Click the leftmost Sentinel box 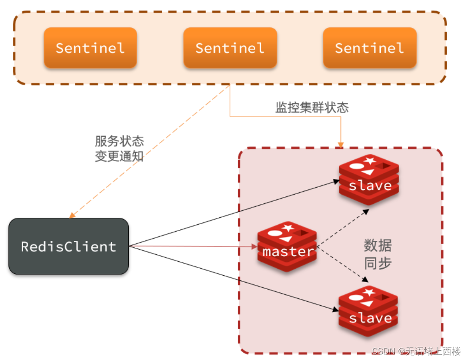(x=90, y=48)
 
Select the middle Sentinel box (x=230, y=48)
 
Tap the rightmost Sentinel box (x=369, y=48)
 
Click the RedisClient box (x=69, y=246)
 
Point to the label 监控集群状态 (x=312, y=108)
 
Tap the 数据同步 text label (x=378, y=254)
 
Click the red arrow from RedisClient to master (x=195, y=246)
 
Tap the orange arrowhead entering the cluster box (x=341, y=145)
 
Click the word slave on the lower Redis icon (x=370, y=318)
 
